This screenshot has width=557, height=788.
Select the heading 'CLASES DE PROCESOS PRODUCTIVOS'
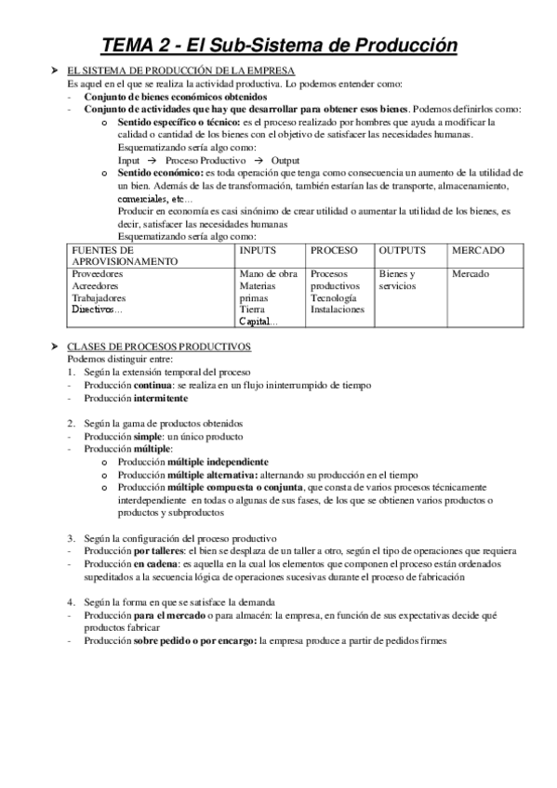pos(160,346)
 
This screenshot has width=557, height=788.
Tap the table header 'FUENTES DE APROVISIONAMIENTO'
pos(125,256)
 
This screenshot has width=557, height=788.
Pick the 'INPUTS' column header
pos(257,251)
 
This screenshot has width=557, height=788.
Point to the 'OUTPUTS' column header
pos(403,251)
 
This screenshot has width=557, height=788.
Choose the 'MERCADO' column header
pos(478,251)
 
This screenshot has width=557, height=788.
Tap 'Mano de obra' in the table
pos(268,274)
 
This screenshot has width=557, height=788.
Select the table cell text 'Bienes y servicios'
pos(399,280)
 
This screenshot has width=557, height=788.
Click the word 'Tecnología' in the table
pos(333,298)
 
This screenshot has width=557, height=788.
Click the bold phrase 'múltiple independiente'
pos(219,461)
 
